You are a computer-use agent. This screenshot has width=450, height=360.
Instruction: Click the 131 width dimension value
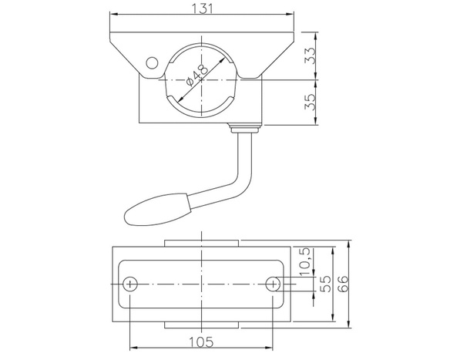click(x=202, y=8)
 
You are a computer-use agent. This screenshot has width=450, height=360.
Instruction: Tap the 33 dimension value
click(x=310, y=56)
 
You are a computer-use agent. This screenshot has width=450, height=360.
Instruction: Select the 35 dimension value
click(x=310, y=102)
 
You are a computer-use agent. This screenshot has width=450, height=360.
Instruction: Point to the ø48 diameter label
click(x=197, y=76)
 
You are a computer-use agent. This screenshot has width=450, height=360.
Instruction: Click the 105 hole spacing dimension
click(x=201, y=342)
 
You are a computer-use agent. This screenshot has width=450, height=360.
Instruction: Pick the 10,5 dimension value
click(x=305, y=261)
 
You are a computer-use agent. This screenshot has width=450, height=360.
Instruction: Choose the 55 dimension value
click(x=325, y=284)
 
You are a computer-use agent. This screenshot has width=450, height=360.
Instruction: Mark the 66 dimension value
click(x=343, y=284)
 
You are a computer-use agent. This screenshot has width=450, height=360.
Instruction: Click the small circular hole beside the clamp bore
click(x=152, y=63)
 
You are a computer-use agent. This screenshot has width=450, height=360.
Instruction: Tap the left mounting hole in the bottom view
click(x=130, y=284)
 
